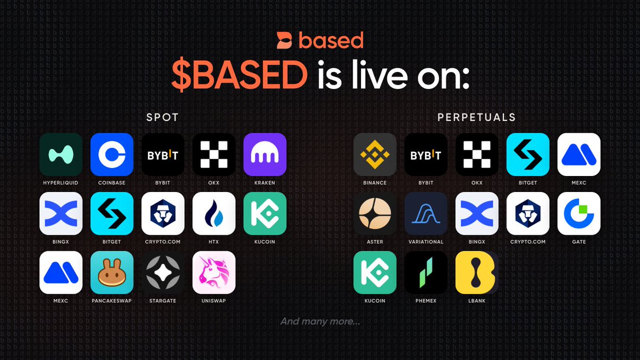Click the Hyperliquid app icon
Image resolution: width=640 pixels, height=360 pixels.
coord(61,154)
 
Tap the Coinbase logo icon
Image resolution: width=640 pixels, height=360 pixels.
coord(112,154)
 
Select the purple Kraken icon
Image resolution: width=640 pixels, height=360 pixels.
coord(265,154)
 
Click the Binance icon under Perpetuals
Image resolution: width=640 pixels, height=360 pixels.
coord(375,154)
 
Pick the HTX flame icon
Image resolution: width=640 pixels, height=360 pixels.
coord(214,213)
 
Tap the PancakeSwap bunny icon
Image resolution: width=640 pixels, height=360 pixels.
coord(112,273)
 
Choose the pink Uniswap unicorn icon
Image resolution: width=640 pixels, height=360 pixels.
coord(214,273)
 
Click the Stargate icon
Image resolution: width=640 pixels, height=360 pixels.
coord(163,273)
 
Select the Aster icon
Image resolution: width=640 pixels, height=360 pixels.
coord(375,213)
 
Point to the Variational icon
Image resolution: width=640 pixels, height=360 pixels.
coord(426,213)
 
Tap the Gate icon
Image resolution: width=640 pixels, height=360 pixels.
coord(579,213)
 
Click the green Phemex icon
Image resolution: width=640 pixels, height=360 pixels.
coord(426,273)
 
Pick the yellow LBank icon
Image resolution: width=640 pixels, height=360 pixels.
coord(477,273)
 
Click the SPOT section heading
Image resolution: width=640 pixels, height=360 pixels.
coord(163,117)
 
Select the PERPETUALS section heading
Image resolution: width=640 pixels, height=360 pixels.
coord(477,117)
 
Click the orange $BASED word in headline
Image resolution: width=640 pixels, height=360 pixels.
coord(239,75)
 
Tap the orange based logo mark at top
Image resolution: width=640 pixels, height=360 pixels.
coord(284,41)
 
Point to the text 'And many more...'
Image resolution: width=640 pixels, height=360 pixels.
coord(321,322)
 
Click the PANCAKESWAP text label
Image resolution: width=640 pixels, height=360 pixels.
coord(111,301)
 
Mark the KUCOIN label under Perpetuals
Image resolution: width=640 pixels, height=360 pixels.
coord(375,301)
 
